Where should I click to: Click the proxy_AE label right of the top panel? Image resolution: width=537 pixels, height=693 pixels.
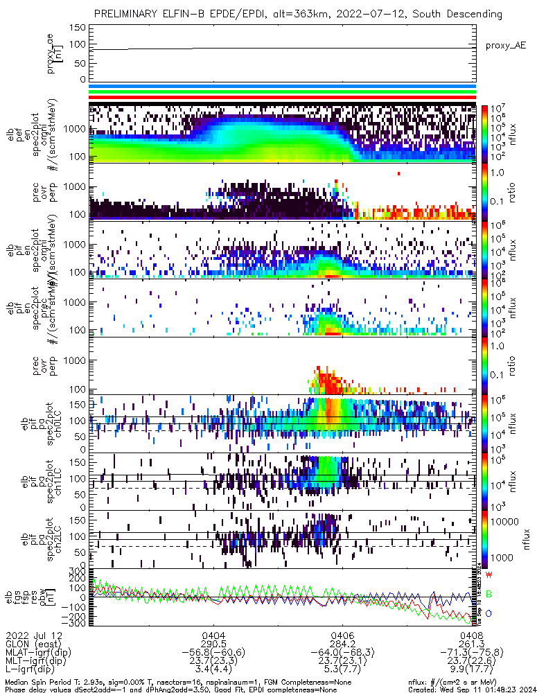click(x=507, y=45)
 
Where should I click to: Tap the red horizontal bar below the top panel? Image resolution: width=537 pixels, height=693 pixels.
click(x=283, y=99)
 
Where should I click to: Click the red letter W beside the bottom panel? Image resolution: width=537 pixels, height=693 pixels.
click(x=489, y=575)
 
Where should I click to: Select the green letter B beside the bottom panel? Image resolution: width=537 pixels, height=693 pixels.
click(x=489, y=595)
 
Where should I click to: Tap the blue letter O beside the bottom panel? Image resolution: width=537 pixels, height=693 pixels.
click(x=489, y=614)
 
